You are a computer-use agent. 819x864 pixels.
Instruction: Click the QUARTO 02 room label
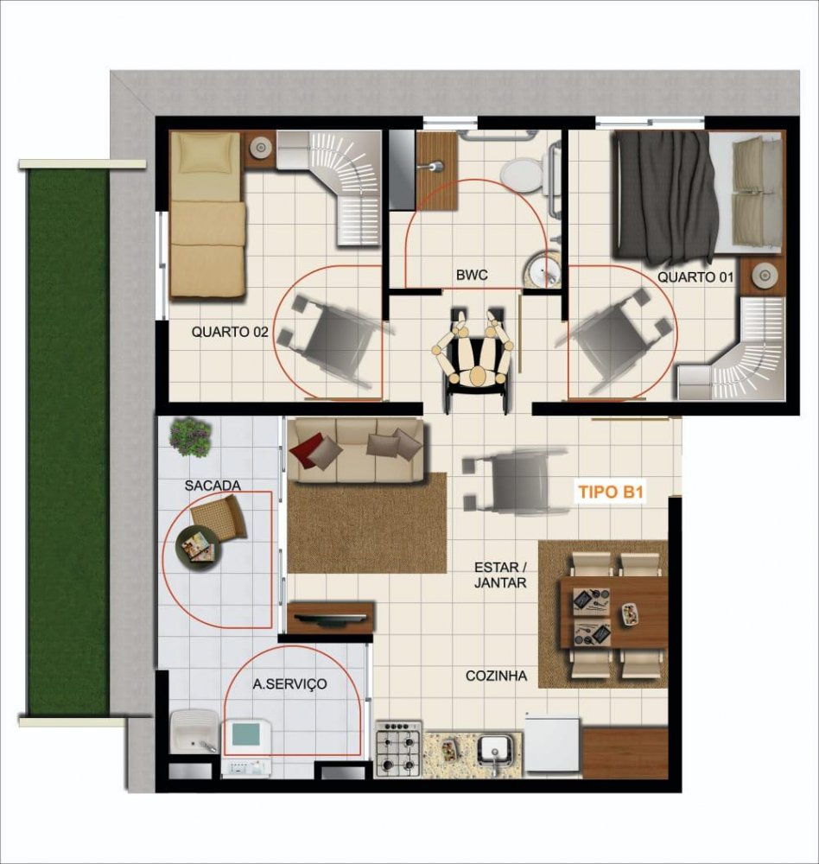pos(230,332)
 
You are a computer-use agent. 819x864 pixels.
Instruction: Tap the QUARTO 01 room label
pos(695,276)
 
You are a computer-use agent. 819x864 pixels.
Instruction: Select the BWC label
pos(472,275)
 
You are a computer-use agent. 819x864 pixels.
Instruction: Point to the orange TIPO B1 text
pos(611,492)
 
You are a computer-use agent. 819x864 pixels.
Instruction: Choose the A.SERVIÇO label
pos(290,683)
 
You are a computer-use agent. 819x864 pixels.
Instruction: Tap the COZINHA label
pos(496,676)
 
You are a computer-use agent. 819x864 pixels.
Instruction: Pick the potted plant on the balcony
pos(191,435)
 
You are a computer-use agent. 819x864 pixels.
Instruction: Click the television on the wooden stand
pos(329,618)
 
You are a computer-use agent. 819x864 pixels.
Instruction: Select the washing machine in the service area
pos(246,748)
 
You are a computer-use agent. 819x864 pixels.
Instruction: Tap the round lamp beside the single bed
pos(259,147)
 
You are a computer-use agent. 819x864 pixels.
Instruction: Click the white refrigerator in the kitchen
pos(552,745)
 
